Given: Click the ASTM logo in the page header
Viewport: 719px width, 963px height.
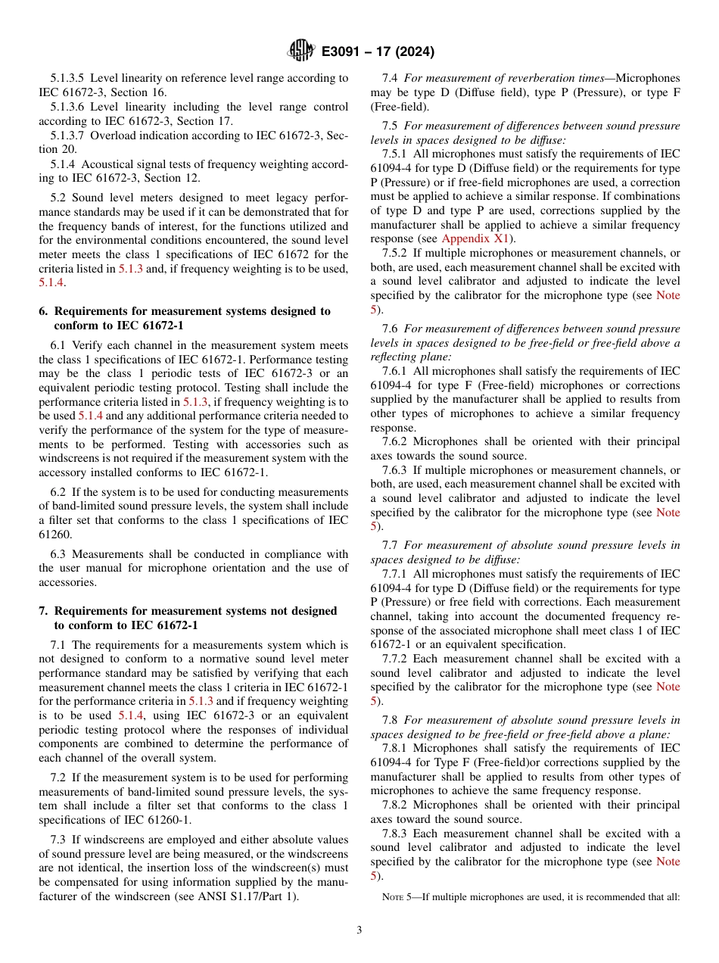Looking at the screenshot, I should click(x=300, y=51).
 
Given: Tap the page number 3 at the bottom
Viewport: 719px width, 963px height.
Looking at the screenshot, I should click(x=359, y=930).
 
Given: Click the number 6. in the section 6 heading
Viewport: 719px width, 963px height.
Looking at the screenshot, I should click(x=43, y=311).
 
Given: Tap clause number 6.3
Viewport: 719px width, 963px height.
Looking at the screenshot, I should click(x=59, y=554).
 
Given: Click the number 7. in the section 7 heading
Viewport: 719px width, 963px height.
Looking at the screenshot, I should click(x=43, y=611).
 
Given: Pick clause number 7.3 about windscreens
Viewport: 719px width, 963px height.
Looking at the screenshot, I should click(x=59, y=840).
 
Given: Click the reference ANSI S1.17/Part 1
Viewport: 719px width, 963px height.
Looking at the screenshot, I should click(x=251, y=897).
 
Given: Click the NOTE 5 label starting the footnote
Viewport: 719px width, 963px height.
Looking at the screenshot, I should click(x=397, y=898).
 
